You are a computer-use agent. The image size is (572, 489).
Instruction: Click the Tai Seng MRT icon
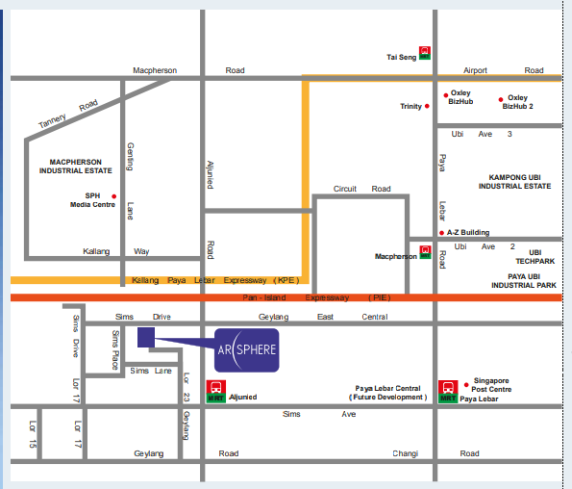[424, 52]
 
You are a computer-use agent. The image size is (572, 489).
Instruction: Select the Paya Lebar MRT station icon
[447, 389]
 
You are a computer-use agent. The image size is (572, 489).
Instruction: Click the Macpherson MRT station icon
[425, 253]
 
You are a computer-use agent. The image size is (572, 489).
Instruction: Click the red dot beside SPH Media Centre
[114, 195]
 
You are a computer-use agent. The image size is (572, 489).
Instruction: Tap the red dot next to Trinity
[428, 106]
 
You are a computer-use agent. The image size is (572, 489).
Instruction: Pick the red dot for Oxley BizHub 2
[500, 99]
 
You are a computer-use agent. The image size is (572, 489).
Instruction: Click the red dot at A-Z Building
[440, 233]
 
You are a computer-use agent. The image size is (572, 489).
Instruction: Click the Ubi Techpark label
[535, 257]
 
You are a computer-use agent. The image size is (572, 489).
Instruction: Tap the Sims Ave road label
[319, 414]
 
